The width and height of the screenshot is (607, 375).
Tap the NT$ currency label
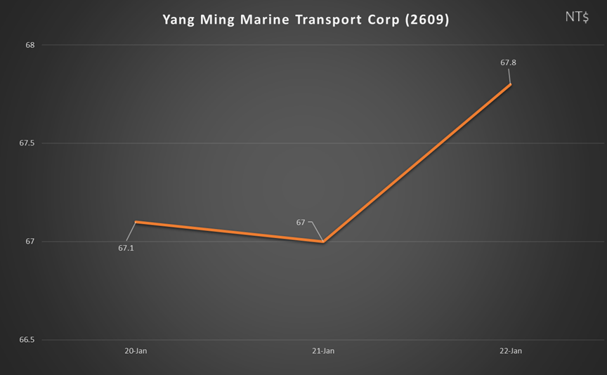pyautogui.click(x=577, y=17)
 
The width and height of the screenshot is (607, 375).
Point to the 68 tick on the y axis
pyautogui.click(x=30, y=45)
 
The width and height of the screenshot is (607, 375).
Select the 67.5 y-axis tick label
pyautogui.click(x=27, y=143)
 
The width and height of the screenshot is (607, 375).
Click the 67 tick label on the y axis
pyautogui.click(x=30, y=242)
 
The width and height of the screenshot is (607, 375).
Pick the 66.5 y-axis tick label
pyautogui.click(x=27, y=340)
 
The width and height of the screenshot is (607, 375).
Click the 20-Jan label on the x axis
pyautogui.click(x=136, y=351)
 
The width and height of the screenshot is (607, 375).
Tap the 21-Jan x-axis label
pyautogui.click(x=323, y=351)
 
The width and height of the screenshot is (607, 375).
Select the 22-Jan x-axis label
pyautogui.click(x=511, y=351)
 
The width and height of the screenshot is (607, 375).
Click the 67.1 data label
pyautogui.click(x=126, y=248)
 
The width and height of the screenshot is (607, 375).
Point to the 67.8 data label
pyautogui.click(x=508, y=63)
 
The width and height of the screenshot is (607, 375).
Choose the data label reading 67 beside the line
pyautogui.click(x=301, y=223)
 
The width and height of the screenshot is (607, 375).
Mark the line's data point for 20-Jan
pyautogui.click(x=136, y=222)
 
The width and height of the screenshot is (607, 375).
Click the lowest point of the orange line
pyautogui.click(x=323, y=242)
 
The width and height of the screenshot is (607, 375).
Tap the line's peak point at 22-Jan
pyautogui.click(x=511, y=84)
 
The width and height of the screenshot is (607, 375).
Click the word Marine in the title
pyautogui.click(x=265, y=20)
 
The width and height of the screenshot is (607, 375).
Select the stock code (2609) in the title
pyautogui.click(x=427, y=20)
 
